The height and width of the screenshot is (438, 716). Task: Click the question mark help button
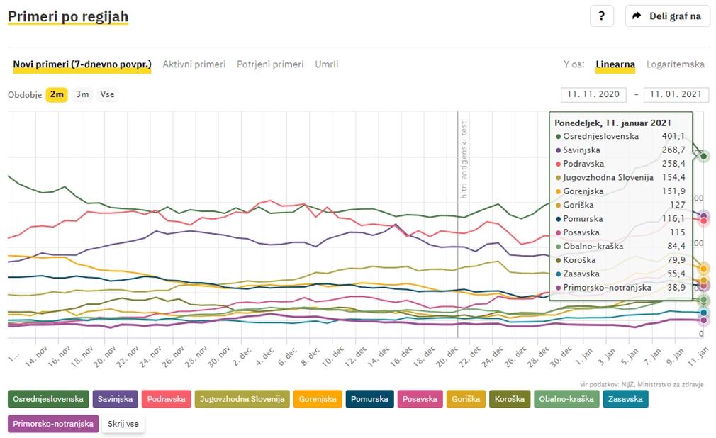[601, 16]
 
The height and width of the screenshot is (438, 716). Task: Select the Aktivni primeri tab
[194, 64]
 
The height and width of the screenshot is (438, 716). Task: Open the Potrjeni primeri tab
[270, 64]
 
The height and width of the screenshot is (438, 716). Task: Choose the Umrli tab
[327, 64]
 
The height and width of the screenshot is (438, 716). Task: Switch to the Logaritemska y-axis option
[675, 64]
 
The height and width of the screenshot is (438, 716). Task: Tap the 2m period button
[57, 94]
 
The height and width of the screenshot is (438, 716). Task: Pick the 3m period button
[82, 94]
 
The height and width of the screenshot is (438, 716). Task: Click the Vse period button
[107, 94]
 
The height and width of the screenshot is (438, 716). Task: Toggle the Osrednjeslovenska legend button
[48, 399]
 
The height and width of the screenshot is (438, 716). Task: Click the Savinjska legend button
[115, 399]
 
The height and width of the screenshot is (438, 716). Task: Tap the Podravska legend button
[166, 399]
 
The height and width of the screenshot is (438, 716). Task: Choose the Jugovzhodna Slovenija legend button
[242, 399]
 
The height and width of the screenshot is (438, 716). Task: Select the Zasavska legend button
[626, 399]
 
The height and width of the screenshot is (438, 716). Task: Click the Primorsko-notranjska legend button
[53, 424]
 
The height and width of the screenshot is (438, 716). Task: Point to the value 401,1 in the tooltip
[672, 136]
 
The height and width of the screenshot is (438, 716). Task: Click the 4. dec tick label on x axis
[266, 352]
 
